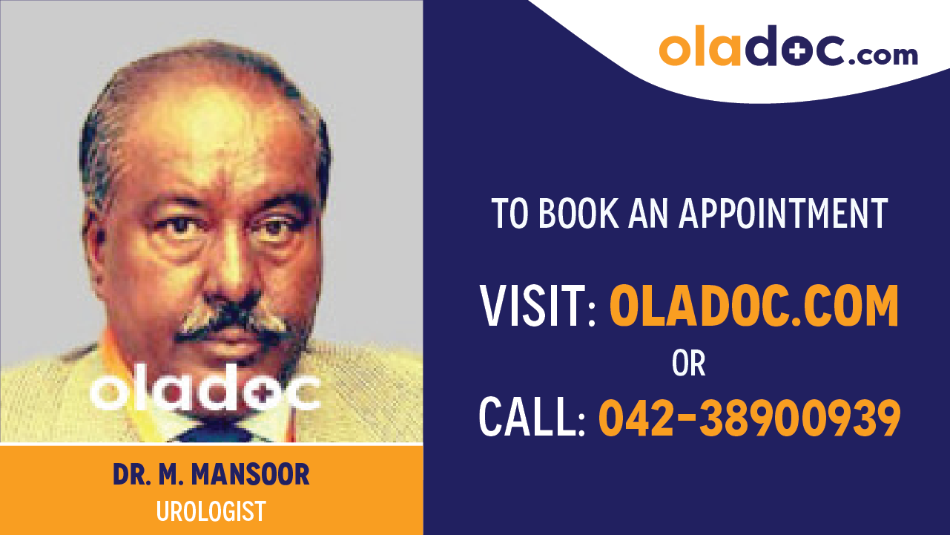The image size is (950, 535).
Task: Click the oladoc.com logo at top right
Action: point(788,47)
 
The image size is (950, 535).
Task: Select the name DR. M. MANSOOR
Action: point(211,475)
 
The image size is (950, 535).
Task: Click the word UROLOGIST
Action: point(211,511)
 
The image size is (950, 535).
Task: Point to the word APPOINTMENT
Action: point(784,213)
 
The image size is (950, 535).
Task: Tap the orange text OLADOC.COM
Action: point(754,306)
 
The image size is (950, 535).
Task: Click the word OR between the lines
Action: point(688,364)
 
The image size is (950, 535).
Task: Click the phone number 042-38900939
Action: point(750,417)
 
